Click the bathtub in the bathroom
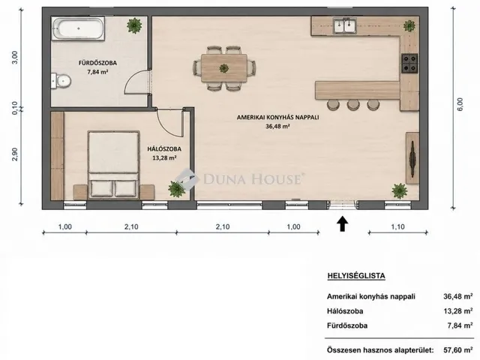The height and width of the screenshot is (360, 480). tap(78, 28)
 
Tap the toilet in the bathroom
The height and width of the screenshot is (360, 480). tap(61, 81)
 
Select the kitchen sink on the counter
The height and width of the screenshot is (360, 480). tap(345, 25)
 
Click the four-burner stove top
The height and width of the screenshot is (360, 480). tap(409, 63)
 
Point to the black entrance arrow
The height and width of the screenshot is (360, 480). tap(343, 223)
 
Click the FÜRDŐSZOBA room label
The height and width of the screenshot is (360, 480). tap(97, 63)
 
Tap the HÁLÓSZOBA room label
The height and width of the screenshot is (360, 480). tap(164, 149)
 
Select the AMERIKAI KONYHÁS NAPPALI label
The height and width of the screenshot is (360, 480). tap(278, 117)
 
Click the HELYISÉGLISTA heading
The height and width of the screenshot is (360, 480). tap(356, 276)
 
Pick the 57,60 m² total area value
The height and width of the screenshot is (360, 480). tap(458, 350)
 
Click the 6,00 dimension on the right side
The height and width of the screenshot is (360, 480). tap(460, 104)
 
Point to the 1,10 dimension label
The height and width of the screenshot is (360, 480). tap(397, 226)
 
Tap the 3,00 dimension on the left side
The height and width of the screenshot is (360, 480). tap(14, 57)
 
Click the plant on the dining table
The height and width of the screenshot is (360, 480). tap(224, 68)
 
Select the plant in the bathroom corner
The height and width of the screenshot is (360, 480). tap(134, 25)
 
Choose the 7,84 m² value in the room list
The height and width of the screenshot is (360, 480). tap(460, 325)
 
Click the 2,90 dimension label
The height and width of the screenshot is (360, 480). tap(14, 154)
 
